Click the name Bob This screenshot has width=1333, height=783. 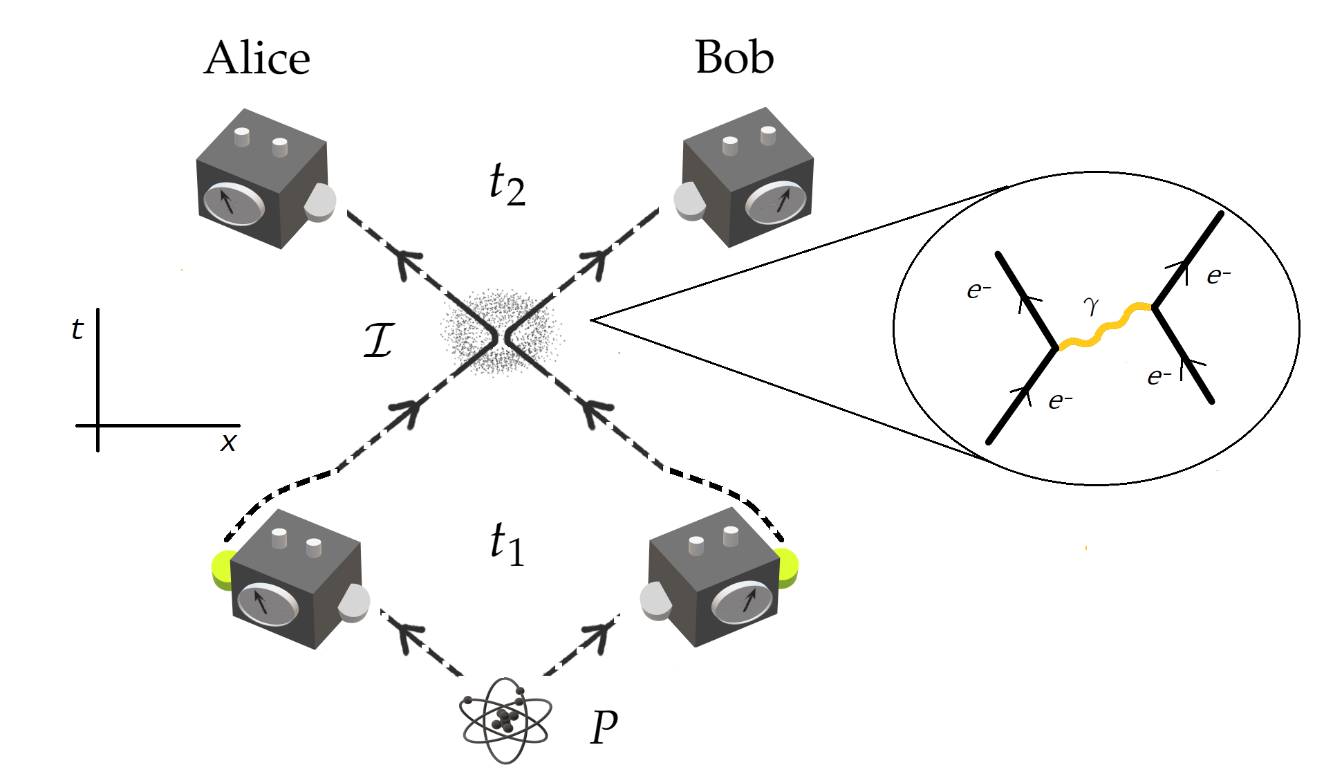tap(734, 57)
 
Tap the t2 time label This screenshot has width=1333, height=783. tap(507, 184)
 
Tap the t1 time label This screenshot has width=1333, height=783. tap(507, 544)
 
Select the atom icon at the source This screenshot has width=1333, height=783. tap(505, 721)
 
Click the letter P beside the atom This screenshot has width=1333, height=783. tap(604, 728)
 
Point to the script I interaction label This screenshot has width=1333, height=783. tap(379, 340)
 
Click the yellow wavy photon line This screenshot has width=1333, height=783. tap(1105, 326)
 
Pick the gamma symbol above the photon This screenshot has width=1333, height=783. tap(1091, 305)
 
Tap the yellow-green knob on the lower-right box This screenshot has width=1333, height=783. tap(787, 568)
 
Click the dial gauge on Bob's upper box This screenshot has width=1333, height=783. tap(776, 202)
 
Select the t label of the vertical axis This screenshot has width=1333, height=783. tap(77, 329)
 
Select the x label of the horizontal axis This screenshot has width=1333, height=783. tap(228, 441)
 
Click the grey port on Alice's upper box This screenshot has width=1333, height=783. tap(320, 202)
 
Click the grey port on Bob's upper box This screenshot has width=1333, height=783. tap(689, 201)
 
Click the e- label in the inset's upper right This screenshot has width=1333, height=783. tap(1218, 276)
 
